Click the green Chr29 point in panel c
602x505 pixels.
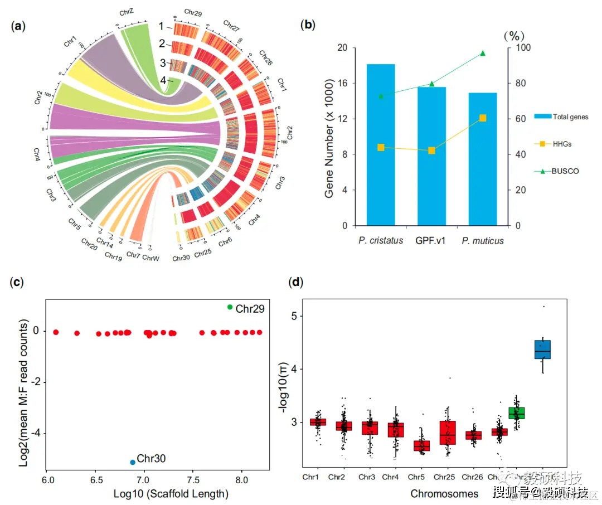[230, 307]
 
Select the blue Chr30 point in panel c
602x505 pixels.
[133, 462]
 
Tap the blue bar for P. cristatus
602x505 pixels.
[381, 145]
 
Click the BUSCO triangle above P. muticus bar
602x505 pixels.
[483, 54]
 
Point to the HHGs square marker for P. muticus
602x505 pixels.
[483, 118]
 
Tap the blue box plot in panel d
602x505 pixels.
[542, 349]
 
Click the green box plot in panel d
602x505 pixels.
[517, 413]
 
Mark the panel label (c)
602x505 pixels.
[17, 282]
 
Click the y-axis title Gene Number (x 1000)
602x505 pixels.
[330, 137]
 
